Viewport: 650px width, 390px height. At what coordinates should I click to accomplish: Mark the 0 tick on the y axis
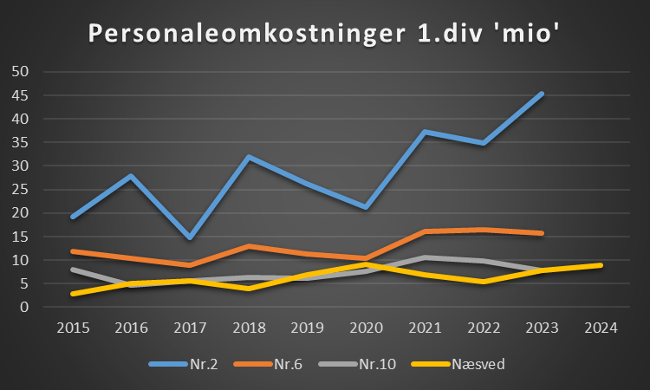(25, 307)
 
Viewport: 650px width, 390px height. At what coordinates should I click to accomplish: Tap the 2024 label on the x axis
(601, 328)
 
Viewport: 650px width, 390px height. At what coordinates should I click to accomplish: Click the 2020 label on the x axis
(366, 328)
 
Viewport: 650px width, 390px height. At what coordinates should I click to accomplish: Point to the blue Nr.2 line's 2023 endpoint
(542, 94)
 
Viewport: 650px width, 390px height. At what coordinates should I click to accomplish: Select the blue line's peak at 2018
(249, 157)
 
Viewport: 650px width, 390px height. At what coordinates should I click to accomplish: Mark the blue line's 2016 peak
(131, 176)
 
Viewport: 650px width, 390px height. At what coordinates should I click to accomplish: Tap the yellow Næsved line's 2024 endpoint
(601, 265)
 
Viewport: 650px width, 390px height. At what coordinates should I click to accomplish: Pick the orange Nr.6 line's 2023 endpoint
(542, 233)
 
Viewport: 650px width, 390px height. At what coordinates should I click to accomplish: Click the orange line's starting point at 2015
(72, 251)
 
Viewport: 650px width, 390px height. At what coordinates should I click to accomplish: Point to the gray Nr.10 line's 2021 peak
(425, 257)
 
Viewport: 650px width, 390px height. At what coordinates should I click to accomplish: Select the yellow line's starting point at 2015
(72, 294)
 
